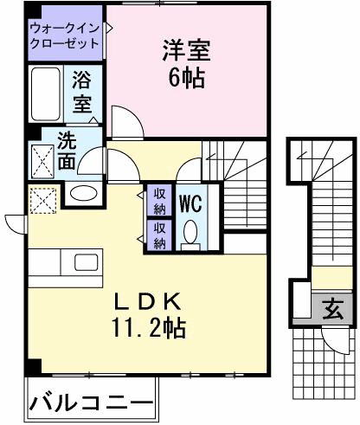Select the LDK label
point(148,302)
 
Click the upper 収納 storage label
point(159,201)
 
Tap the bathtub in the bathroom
point(44,95)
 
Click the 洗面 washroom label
point(67,149)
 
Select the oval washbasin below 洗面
point(84,192)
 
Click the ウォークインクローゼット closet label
point(64,35)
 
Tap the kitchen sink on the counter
point(87,262)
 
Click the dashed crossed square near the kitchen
point(40,201)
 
